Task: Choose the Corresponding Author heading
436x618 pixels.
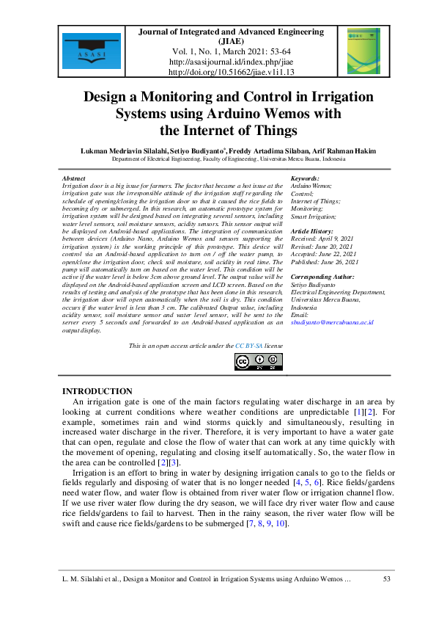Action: pos(322,277)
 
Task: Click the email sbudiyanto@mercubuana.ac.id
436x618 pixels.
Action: pos(333,321)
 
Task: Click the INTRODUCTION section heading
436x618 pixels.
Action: pos(97,391)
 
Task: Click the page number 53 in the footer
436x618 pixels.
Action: pos(387,580)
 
